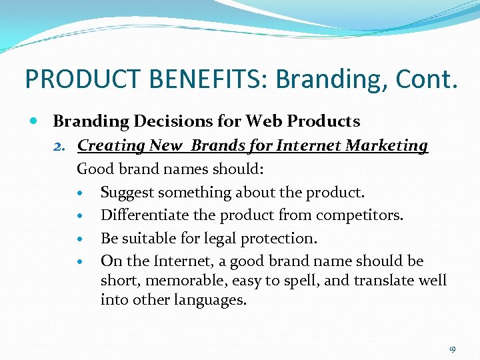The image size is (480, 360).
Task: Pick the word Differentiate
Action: [143, 216]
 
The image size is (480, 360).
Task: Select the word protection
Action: [285, 239]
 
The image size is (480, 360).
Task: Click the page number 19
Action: [452, 349]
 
